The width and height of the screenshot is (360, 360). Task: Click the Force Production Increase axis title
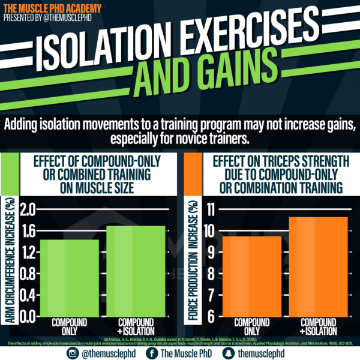pos(193,258)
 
